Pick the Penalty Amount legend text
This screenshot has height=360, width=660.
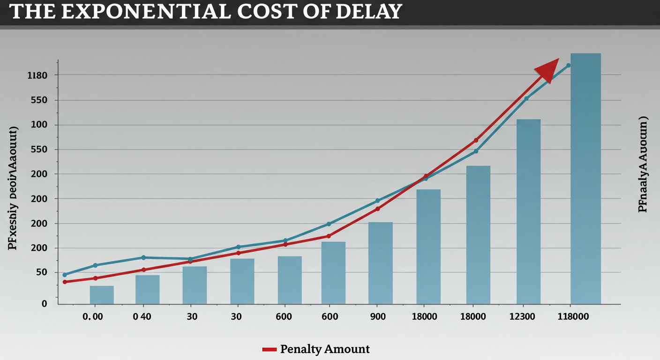click(x=325, y=349)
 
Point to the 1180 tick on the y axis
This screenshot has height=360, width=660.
click(x=37, y=75)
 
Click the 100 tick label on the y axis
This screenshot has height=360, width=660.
click(x=40, y=125)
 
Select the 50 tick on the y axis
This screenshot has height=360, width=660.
click(x=42, y=272)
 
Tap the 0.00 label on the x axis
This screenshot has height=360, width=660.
click(x=92, y=317)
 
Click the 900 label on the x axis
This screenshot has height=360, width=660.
click(x=377, y=317)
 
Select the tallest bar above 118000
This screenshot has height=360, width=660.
click(x=585, y=178)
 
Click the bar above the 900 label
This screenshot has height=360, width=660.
click(x=380, y=263)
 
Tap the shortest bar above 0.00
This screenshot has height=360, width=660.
click(x=102, y=295)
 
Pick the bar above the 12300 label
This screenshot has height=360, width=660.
click(x=528, y=211)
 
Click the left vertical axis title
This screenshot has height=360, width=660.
click(x=13, y=187)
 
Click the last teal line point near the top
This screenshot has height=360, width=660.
click(x=569, y=65)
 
